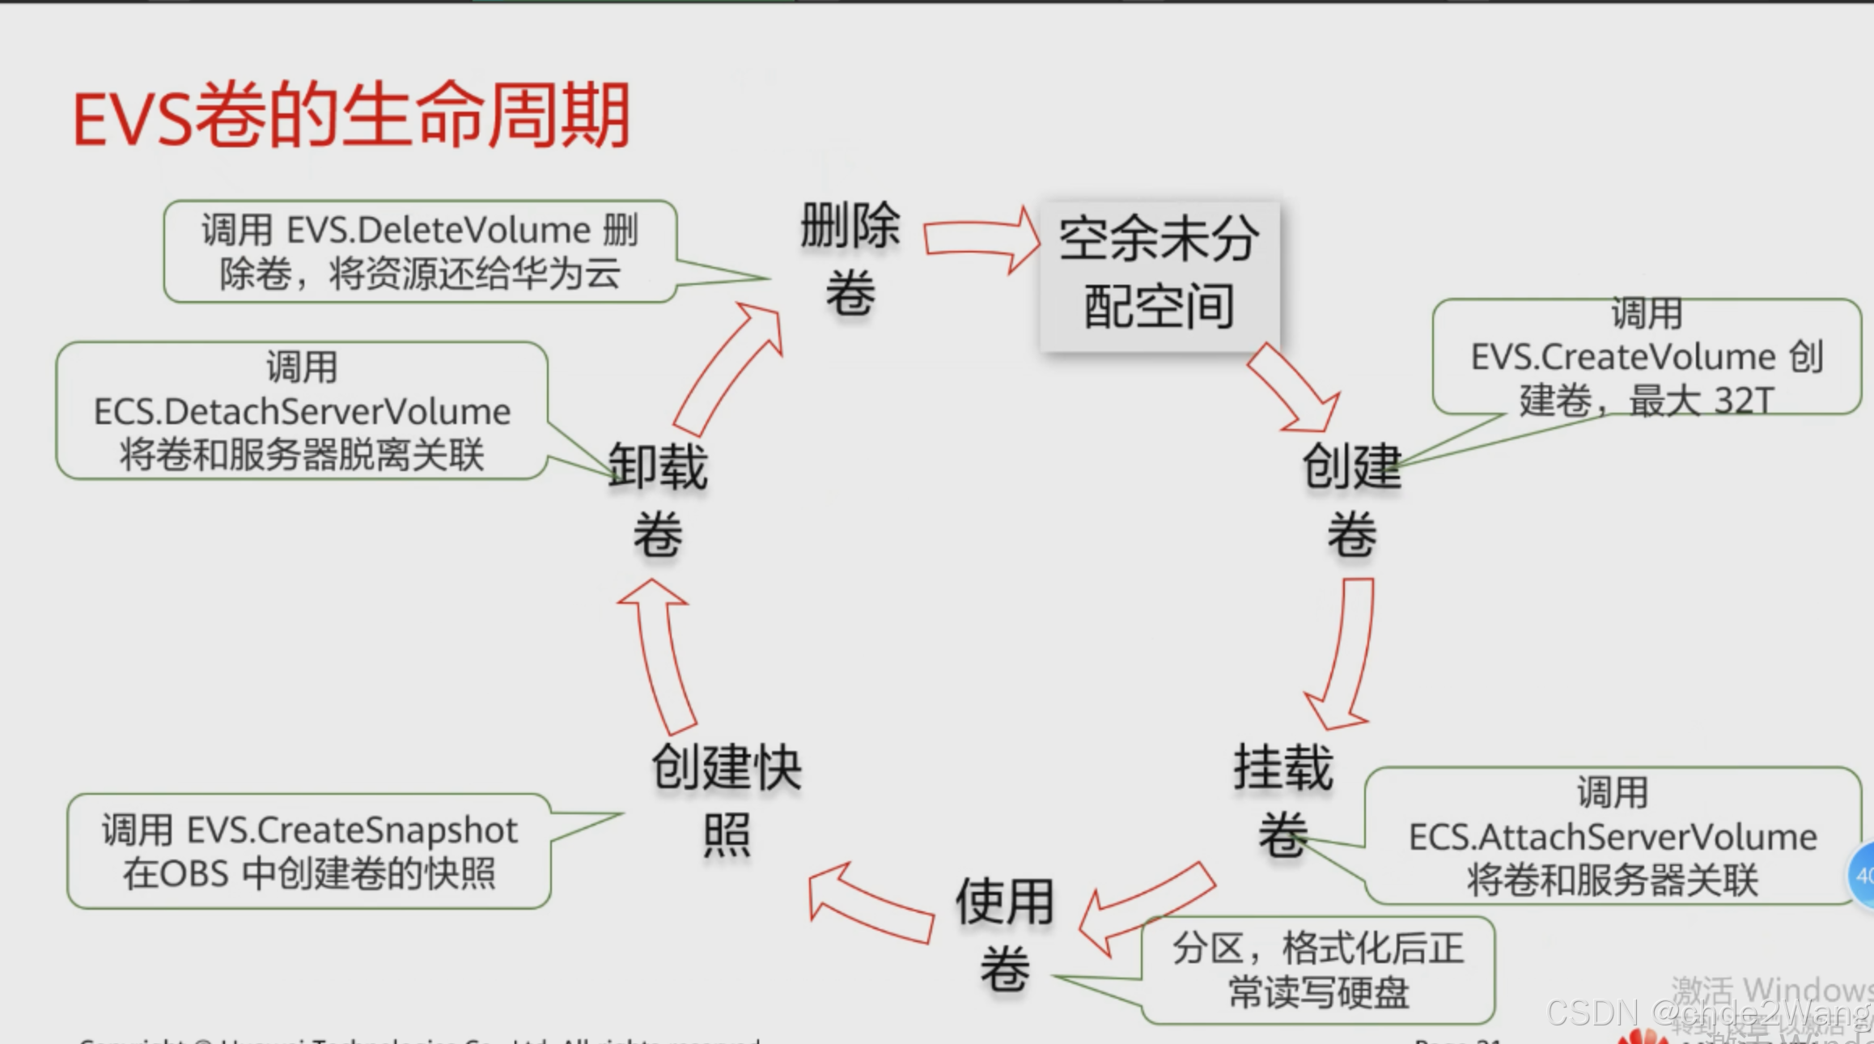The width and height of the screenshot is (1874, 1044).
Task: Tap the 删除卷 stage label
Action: pos(850,259)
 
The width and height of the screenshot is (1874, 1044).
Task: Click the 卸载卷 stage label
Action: pos(658,499)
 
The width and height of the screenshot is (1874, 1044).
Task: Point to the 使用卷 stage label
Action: pos(1004,935)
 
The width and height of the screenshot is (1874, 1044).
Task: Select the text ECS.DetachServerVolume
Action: pos(303,412)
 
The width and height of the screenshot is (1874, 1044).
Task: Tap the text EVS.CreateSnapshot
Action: pos(352,830)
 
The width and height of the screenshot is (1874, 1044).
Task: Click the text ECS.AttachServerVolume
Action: pos(1613,837)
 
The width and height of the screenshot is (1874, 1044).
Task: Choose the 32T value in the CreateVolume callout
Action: pos(1744,401)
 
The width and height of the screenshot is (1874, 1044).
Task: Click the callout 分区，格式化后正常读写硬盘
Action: pos(1318,970)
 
